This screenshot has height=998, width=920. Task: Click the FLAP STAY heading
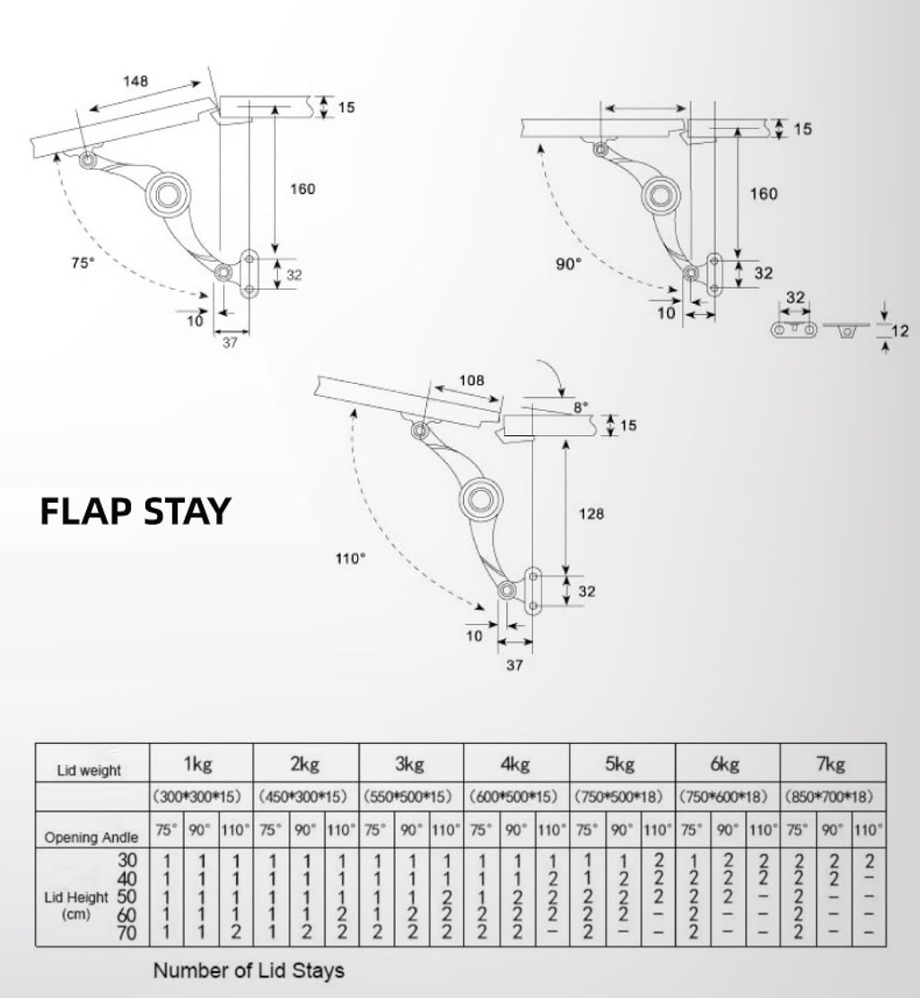point(135,511)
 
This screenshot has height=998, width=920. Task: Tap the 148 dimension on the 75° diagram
point(135,81)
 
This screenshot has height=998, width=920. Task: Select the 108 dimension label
point(472,381)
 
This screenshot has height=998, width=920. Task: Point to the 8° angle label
point(581,407)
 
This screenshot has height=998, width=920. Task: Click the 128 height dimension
point(591,514)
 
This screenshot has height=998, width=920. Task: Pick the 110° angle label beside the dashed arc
point(350,559)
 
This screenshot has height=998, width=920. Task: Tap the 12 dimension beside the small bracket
point(899,331)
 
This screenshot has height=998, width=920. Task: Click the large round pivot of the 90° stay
point(661,195)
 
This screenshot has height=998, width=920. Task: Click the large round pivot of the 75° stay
point(166,194)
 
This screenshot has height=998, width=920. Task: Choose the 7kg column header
point(830,764)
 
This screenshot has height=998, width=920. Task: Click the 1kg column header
point(198,764)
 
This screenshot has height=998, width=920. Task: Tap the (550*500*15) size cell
point(408,796)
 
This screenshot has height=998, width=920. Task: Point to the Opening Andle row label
point(91,838)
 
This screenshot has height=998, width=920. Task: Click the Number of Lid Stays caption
point(249,970)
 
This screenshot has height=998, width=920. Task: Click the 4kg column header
point(514,764)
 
